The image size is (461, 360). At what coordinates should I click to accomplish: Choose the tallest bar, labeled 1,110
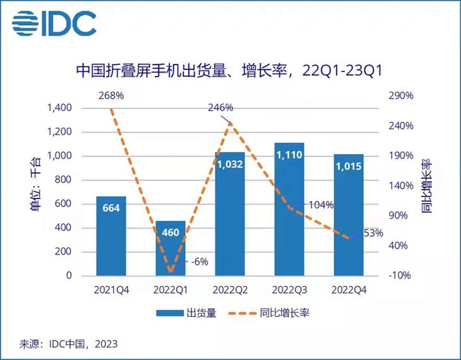[x=289, y=209]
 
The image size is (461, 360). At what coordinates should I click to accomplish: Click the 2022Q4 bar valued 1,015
[x=349, y=215]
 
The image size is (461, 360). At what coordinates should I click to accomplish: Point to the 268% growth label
[x=111, y=96]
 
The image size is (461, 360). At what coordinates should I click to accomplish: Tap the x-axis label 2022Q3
[x=289, y=291]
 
